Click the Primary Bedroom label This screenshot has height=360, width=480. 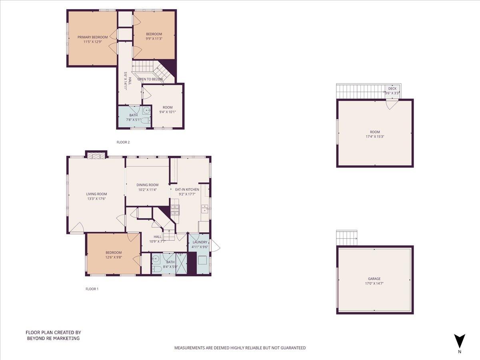92,37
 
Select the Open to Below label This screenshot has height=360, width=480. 150,79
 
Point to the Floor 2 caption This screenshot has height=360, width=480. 123,142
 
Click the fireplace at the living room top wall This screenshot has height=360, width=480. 96,155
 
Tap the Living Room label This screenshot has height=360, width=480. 96,194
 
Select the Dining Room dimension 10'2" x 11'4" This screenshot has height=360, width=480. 148,190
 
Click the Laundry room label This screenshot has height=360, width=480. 200,242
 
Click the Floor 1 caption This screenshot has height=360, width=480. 92,288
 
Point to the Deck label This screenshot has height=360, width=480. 392,89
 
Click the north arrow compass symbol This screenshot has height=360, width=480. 460,341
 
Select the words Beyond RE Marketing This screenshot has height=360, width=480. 53,338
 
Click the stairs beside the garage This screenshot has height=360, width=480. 347,238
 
